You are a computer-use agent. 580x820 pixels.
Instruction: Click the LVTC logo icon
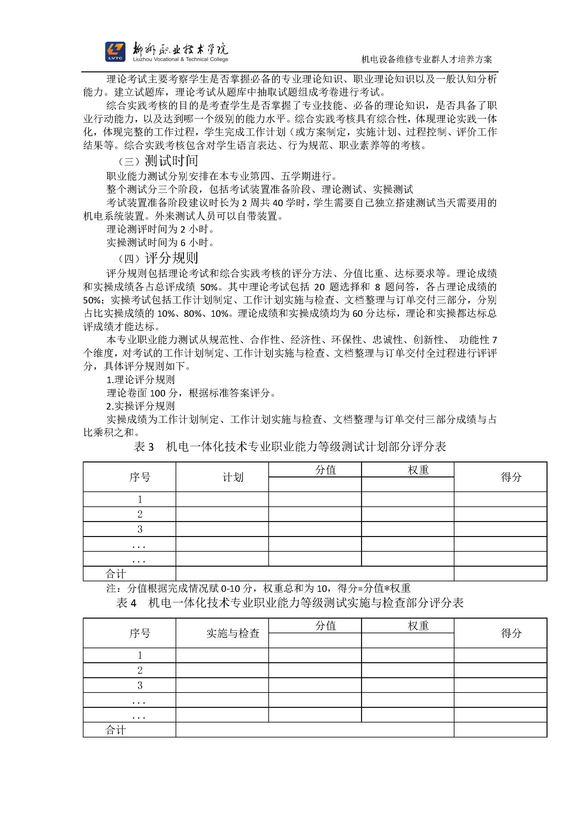(115, 52)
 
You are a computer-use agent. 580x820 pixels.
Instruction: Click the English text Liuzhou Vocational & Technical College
(180, 59)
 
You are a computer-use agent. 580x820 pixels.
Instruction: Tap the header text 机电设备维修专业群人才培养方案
(426, 60)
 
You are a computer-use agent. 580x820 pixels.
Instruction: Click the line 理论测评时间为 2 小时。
(160, 229)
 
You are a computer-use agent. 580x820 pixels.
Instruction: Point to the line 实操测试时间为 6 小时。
(160, 243)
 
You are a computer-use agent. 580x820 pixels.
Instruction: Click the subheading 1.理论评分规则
(140, 380)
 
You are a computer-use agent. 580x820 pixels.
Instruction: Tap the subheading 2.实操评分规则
(140, 406)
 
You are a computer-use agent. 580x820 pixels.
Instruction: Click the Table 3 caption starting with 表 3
(290, 447)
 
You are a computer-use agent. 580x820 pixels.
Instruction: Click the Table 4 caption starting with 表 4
(290, 603)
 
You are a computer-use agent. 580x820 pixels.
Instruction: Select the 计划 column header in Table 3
(233, 477)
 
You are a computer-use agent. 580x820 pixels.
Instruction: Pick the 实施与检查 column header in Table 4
(233, 634)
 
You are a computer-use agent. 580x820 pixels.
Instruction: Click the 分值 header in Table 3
(325, 470)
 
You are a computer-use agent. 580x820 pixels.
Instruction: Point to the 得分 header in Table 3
(511, 477)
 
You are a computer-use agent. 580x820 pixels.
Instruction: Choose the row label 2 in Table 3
(140, 514)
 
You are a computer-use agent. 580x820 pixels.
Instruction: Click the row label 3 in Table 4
(140, 686)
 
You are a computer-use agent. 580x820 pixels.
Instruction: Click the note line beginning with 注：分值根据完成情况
(258, 588)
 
